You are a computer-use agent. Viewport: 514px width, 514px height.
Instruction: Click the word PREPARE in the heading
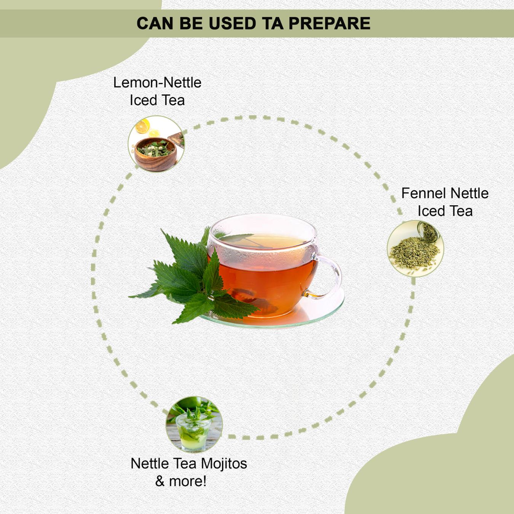pyautogui.click(x=329, y=23)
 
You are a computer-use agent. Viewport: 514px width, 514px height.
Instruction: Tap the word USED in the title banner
pyautogui.click(x=233, y=23)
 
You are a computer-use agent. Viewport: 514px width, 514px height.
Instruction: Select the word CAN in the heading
pyautogui.click(x=155, y=23)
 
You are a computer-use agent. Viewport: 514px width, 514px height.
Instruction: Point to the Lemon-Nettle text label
pyautogui.click(x=157, y=82)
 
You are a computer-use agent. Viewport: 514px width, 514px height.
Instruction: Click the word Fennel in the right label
pyautogui.click(x=424, y=193)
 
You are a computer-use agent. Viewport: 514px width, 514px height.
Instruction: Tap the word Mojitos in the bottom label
pyautogui.click(x=224, y=464)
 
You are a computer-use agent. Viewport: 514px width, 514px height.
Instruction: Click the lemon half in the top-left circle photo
pyautogui.click(x=142, y=126)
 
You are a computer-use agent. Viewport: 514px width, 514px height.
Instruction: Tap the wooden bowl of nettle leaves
pyautogui.click(x=155, y=154)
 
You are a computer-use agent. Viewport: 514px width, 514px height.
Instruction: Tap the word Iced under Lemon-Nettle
pyautogui.click(x=143, y=100)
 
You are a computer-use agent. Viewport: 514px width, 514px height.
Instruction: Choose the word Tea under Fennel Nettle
pyautogui.click(x=461, y=211)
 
